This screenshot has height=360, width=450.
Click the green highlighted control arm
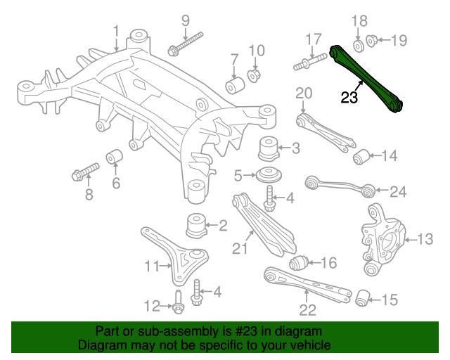click(366, 77)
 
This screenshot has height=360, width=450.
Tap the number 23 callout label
click(349, 98)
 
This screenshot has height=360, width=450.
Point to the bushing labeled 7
click(234, 85)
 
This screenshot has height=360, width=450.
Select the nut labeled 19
click(373, 40)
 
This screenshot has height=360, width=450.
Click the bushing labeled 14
click(361, 155)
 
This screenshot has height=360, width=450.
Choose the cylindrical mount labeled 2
click(195, 226)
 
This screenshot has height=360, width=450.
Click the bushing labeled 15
click(363, 298)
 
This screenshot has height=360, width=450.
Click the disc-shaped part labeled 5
click(269, 174)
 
